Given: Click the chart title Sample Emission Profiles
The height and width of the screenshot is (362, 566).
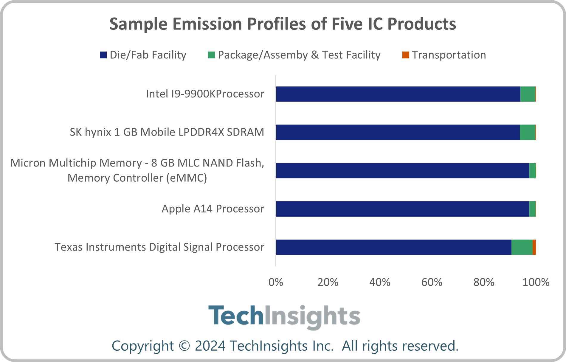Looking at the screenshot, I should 283,24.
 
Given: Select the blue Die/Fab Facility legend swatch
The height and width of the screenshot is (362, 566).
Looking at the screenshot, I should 103,55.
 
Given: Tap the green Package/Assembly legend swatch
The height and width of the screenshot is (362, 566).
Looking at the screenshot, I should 211,55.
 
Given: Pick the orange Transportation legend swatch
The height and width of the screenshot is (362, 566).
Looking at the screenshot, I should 406,55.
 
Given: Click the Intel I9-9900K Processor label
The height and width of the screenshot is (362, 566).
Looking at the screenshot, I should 205,94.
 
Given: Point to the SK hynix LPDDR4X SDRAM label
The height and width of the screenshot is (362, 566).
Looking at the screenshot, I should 167,132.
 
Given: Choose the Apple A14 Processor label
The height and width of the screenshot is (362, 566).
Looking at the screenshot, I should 213,209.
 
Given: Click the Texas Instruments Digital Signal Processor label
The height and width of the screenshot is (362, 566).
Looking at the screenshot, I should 159,247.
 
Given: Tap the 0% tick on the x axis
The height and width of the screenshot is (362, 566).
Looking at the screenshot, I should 276,282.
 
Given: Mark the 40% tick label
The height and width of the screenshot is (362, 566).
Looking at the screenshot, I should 380,282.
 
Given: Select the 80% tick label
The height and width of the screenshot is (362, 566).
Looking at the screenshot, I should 484,282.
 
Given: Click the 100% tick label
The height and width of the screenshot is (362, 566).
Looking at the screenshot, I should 536,282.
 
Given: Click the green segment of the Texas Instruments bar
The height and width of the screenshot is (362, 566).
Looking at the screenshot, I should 522,247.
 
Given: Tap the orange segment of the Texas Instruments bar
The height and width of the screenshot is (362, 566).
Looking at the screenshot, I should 534,247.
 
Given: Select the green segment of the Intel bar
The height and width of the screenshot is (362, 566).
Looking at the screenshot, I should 528,94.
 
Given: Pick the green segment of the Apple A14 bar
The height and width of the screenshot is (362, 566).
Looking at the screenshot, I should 533,209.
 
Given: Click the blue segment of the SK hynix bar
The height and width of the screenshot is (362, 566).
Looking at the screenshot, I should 398,132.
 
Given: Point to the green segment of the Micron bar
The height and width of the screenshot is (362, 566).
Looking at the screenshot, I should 532,170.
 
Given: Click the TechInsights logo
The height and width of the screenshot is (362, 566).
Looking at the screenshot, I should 284,316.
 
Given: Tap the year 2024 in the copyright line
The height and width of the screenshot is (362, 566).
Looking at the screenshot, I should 210,346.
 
